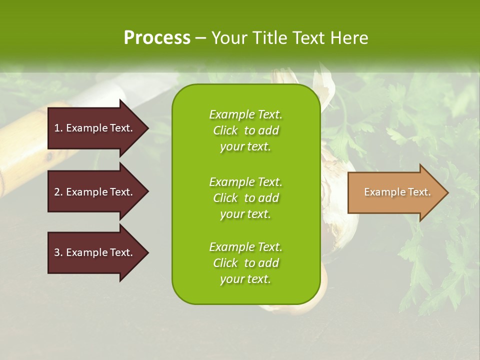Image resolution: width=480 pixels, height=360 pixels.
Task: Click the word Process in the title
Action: (x=157, y=38)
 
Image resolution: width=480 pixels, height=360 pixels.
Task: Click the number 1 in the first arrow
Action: (x=57, y=128)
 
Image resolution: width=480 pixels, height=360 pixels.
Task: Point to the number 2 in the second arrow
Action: (x=57, y=192)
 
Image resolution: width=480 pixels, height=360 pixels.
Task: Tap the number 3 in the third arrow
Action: (x=57, y=252)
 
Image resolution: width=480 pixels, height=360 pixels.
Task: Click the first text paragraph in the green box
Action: (x=245, y=130)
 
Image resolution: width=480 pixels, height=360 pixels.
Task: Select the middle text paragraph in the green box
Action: (x=245, y=198)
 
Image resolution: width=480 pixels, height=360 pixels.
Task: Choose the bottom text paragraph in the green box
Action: (x=245, y=263)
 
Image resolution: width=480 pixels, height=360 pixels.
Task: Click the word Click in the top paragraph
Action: (x=225, y=130)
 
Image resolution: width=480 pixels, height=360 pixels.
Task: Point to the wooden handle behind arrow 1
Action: (x=20, y=150)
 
